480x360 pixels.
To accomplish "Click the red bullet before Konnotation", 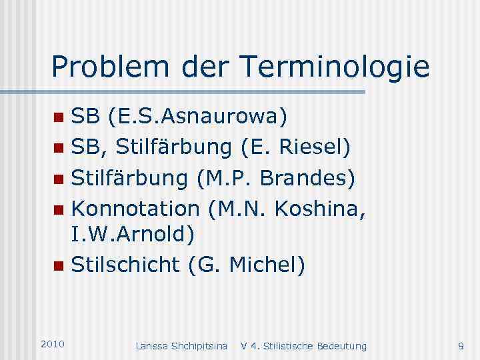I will (59, 210).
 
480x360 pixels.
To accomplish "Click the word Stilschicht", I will (125, 265).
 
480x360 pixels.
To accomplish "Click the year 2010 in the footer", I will (52, 344).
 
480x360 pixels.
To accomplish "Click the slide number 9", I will (461, 346).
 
